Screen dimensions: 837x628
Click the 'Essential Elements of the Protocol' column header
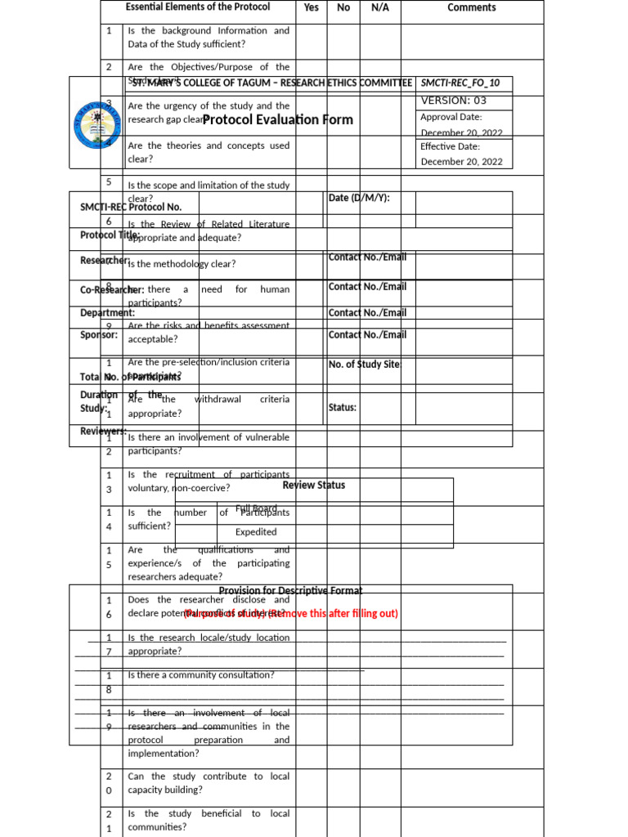(197, 7)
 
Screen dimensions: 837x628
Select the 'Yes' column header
(312, 7)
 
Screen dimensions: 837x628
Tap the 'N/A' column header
(380, 7)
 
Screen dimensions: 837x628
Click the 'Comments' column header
(471, 7)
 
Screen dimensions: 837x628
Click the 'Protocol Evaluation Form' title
(278, 120)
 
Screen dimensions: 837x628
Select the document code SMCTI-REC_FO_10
(460, 83)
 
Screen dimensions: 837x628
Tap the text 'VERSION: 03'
(453, 101)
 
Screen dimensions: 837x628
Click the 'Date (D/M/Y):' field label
(359, 198)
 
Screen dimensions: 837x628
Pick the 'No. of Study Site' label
(365, 365)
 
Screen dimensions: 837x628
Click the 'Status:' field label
(343, 407)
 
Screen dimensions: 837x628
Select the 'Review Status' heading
(314, 486)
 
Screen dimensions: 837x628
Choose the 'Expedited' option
(256, 532)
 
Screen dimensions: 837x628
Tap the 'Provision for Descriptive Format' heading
(290, 591)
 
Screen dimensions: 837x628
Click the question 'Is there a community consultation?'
(201, 675)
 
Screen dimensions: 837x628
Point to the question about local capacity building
(209, 783)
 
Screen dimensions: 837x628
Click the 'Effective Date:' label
(450, 146)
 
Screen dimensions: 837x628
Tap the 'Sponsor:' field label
(99, 334)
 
